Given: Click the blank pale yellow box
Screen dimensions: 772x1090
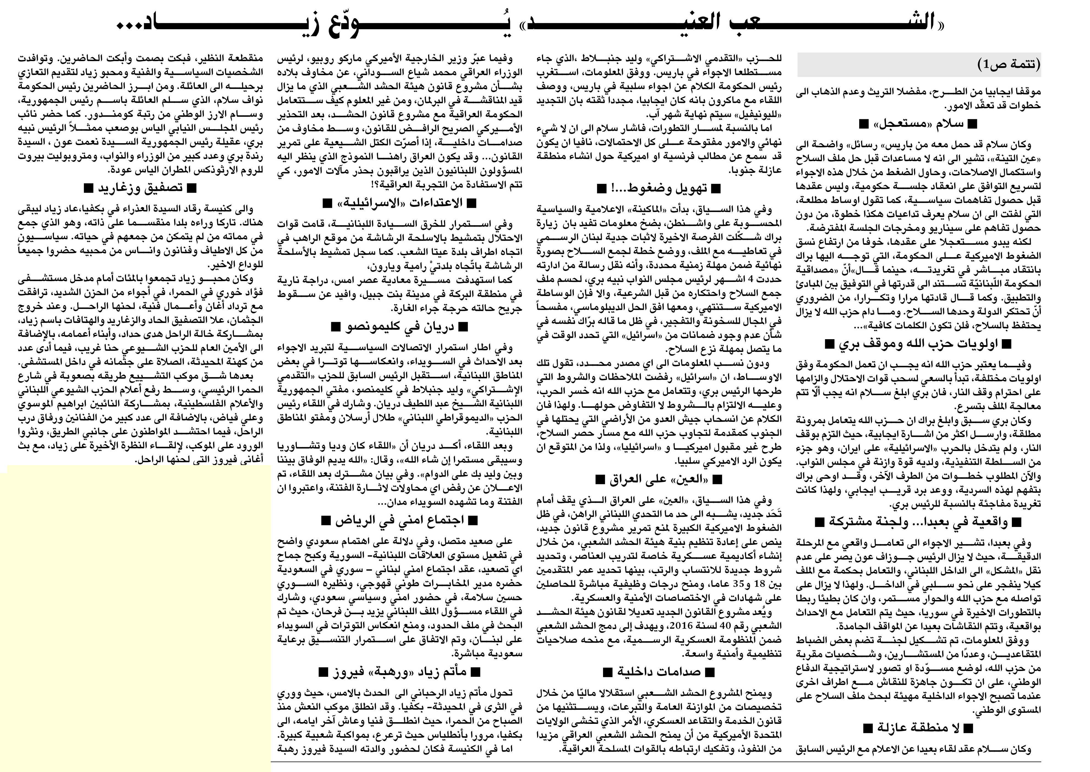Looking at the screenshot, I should [138, 618].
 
